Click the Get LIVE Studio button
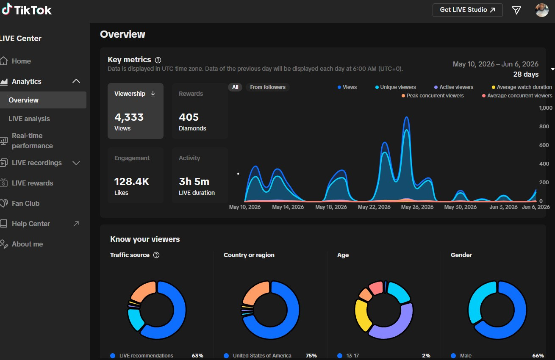tap(468, 10)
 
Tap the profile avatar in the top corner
tap(541, 10)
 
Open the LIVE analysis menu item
tap(29, 119)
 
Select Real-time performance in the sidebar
tap(32, 141)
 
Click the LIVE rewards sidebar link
tap(33, 183)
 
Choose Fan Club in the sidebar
tap(25, 203)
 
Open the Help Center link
tap(31, 224)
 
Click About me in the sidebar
tap(27, 244)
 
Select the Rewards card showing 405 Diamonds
tap(200, 111)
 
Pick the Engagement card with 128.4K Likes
tap(136, 175)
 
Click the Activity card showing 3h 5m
tap(200, 175)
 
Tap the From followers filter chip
tap(268, 87)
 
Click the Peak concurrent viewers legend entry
tap(433, 96)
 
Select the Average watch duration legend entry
tap(522, 87)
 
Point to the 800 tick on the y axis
tap(544, 126)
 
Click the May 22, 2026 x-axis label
tap(374, 207)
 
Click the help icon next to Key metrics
tap(158, 60)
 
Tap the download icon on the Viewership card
tap(153, 94)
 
